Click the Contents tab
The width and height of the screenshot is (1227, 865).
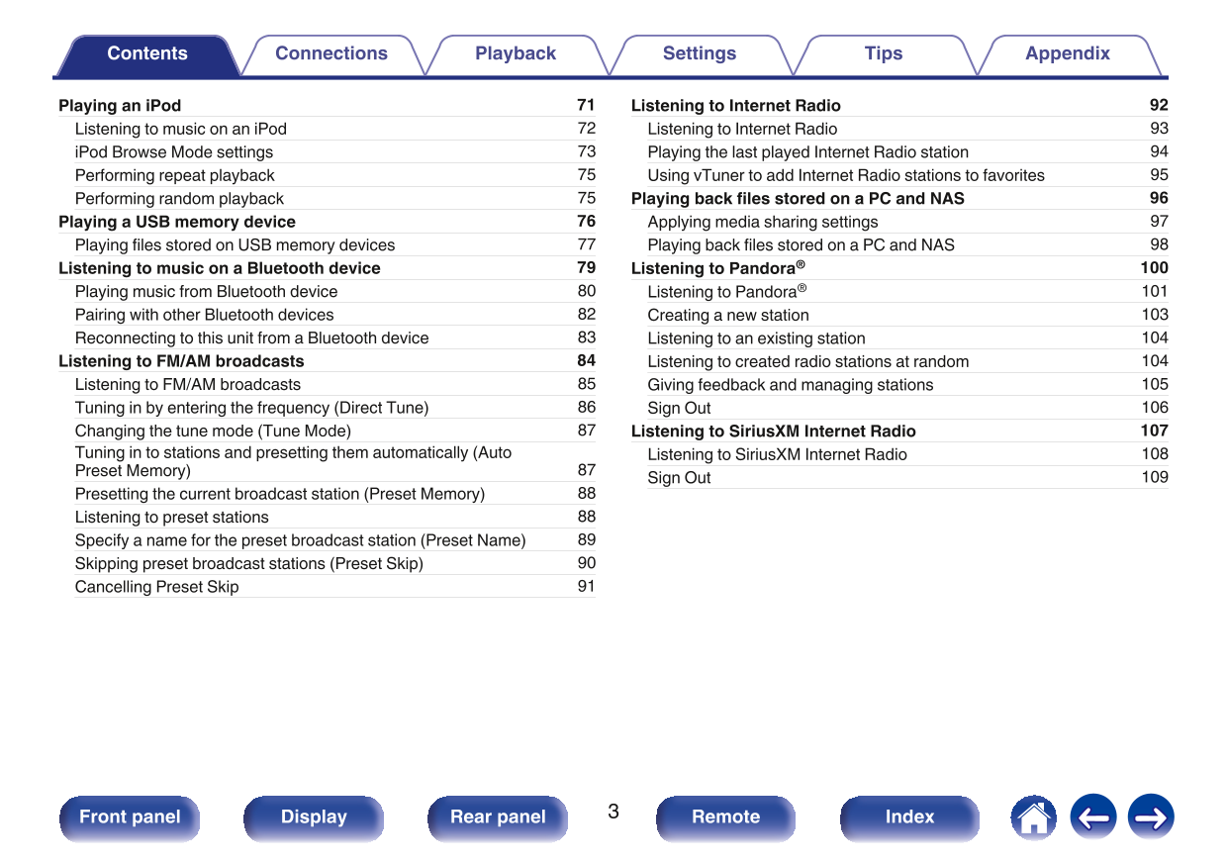146,54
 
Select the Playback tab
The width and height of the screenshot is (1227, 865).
515,54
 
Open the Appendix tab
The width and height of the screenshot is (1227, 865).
1067,54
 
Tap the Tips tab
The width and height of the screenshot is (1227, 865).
883,54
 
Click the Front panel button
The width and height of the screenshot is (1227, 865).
130,817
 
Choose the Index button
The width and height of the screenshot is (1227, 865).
909,817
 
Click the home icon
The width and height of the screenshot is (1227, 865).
1033,817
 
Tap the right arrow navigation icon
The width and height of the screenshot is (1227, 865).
1151,817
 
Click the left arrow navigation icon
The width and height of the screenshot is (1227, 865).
1092,817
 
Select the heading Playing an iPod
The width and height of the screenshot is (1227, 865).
120,106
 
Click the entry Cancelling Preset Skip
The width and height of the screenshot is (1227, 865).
156,587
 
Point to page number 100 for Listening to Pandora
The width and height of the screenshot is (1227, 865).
1154,268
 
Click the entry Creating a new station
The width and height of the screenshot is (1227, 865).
728,315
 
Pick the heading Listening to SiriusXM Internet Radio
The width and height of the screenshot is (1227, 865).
773,432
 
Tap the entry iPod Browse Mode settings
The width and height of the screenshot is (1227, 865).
174,152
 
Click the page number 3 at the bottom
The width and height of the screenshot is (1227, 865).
613,813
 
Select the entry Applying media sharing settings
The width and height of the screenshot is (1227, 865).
762,222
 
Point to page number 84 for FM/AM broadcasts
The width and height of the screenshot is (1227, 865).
586,361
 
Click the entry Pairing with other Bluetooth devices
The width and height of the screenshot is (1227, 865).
204,315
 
